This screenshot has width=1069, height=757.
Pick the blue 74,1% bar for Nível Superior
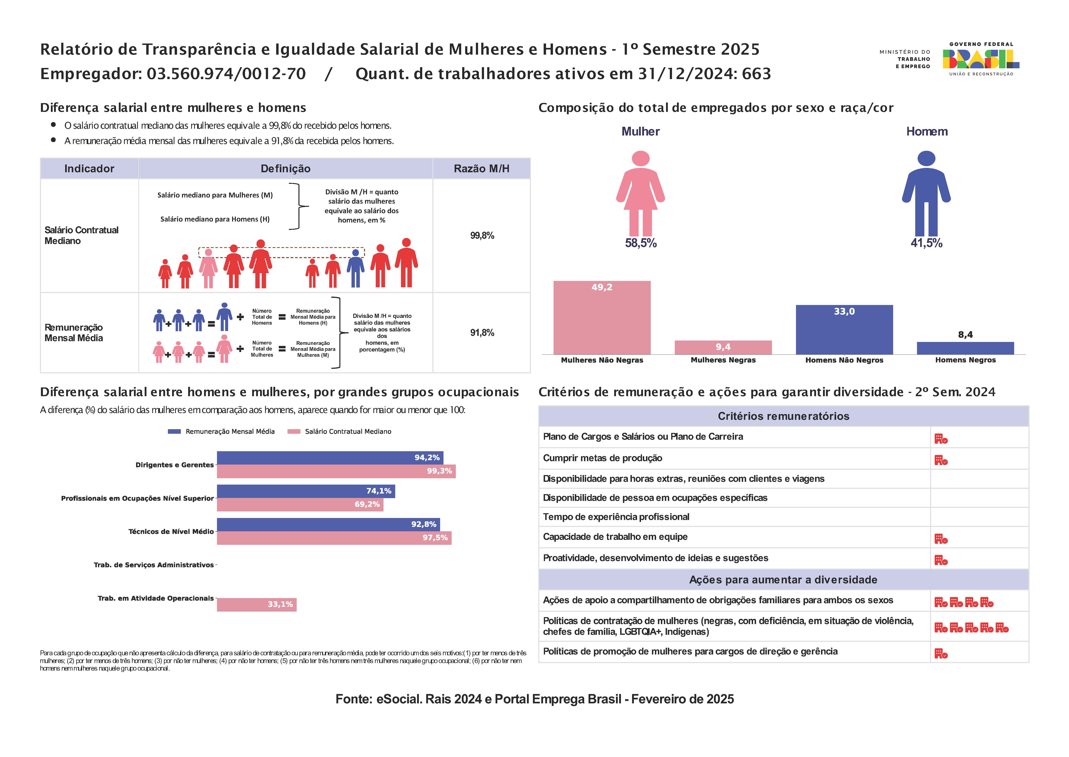[306, 491]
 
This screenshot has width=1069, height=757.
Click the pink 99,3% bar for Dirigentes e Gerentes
[336, 471]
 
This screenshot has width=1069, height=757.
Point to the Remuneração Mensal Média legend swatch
[174, 432]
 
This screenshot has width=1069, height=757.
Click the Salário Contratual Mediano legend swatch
[294, 432]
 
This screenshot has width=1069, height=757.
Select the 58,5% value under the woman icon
[641, 243]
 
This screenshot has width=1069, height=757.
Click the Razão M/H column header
[482, 169]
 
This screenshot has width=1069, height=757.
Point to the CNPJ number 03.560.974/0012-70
[226, 74]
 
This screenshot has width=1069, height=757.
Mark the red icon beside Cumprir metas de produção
[941, 461]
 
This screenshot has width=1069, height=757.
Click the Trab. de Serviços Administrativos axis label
[154, 565]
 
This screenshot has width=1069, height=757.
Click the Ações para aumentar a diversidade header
[783, 580]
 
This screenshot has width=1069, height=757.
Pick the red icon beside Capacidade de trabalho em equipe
[941, 539]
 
